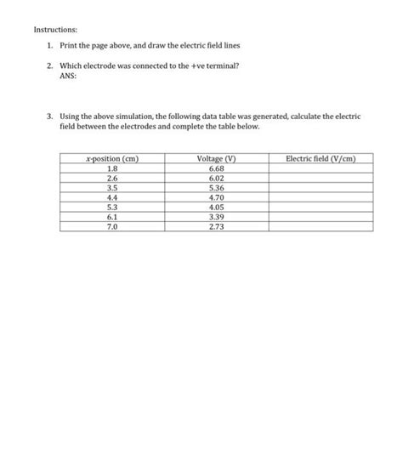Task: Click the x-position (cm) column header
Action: click(x=113, y=158)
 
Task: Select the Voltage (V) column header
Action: click(x=215, y=158)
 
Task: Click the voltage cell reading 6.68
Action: click(x=215, y=168)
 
